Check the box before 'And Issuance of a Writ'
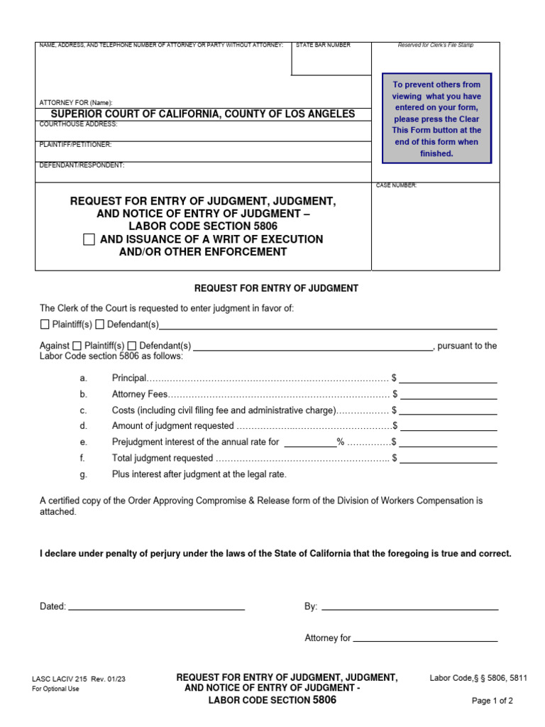click(x=89, y=240)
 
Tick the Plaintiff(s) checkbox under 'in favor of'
click(x=45, y=325)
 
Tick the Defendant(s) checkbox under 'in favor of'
click(x=100, y=325)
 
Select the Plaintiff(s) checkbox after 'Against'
click(x=77, y=346)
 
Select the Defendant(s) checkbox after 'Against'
click(x=132, y=346)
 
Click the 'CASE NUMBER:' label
click(x=397, y=186)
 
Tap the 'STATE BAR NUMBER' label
click(x=323, y=45)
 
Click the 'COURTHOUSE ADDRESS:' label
click(x=79, y=124)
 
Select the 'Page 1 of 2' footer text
click(x=492, y=701)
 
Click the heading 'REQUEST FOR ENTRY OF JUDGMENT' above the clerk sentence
click(x=276, y=288)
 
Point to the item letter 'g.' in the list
click(x=83, y=474)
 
